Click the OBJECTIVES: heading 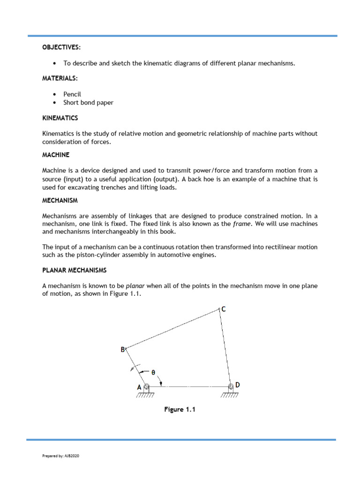pos(61,48)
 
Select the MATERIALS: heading pos(60,79)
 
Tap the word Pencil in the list pos(73,94)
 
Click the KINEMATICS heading pos(60,118)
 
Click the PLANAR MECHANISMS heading pos(75,270)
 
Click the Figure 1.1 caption pos(179,410)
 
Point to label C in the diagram pos(224,309)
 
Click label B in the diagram pos(123,349)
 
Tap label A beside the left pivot pos(139,387)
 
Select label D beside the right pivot pos(238,385)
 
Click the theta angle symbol pos(153,373)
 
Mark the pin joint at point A pos(147,387)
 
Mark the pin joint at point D pos(230,387)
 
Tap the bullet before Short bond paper pos(55,103)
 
